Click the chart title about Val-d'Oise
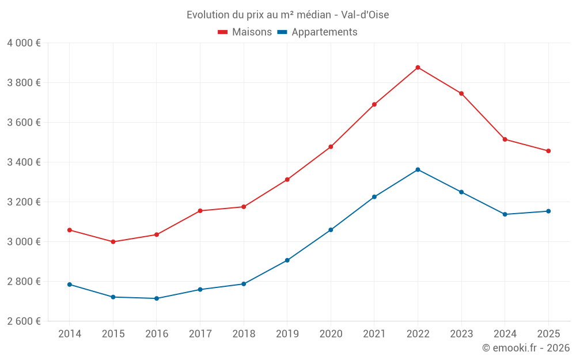[287, 14]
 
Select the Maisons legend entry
[245, 32]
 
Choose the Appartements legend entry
[317, 32]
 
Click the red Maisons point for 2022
[418, 67]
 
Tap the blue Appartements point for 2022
[418, 169]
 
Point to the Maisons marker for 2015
[113, 242]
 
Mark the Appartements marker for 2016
[157, 298]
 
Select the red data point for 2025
[548, 151]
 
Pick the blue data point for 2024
[505, 214]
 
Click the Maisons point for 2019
[287, 180]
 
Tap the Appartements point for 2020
[331, 230]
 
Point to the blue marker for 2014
[70, 285]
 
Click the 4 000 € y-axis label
[24, 43]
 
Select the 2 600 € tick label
[24, 321]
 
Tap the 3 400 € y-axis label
[24, 162]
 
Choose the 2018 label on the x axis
[244, 334]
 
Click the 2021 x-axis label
[374, 334]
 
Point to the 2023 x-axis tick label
[461, 334]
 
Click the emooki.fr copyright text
[525, 348]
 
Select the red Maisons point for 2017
[200, 211]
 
